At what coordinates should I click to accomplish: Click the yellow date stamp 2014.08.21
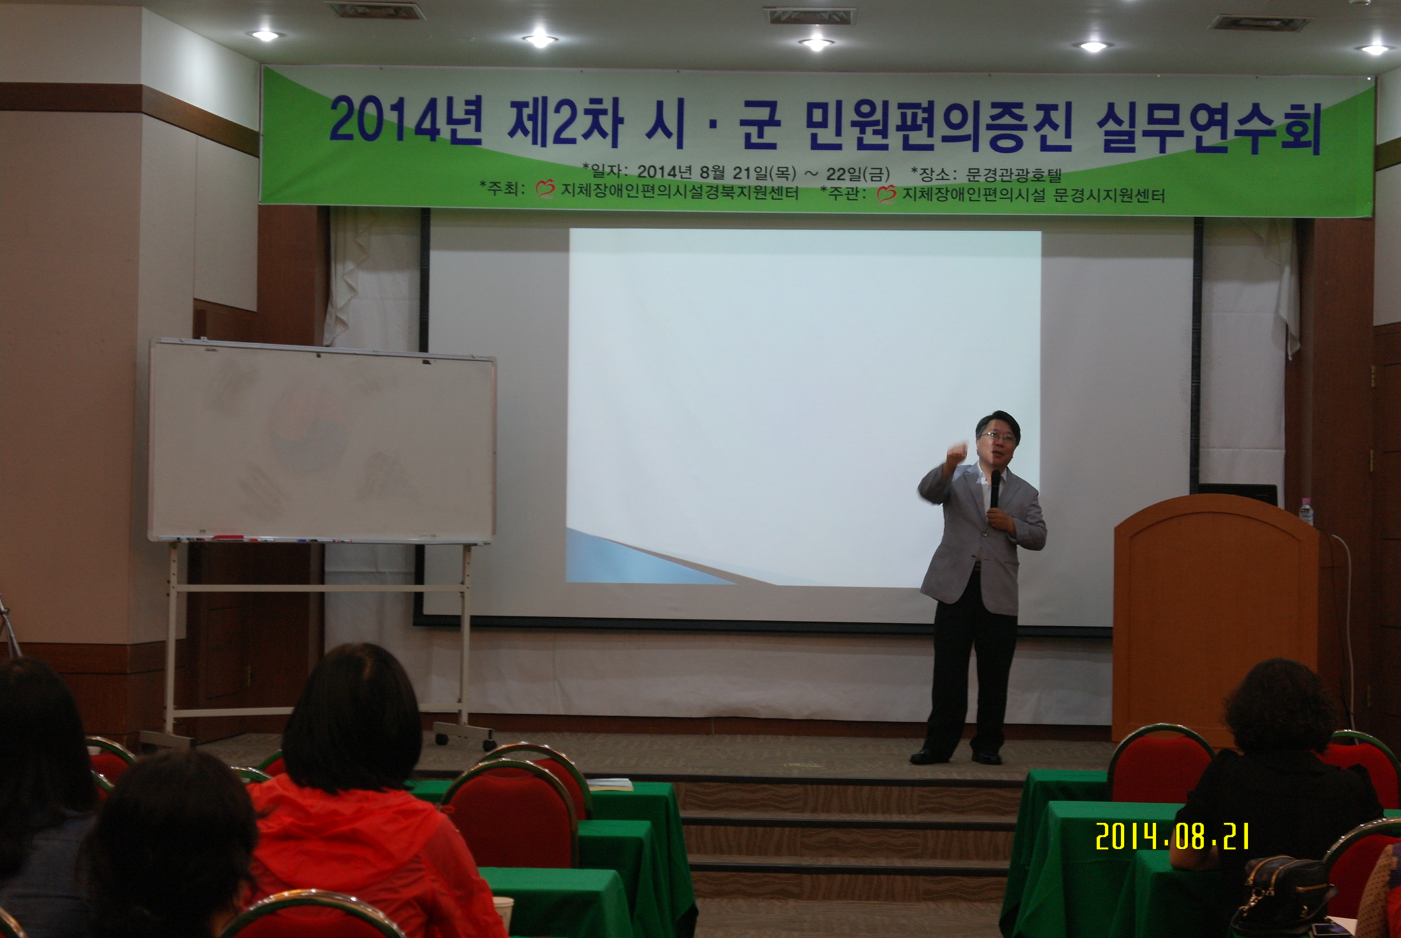pos(1173,836)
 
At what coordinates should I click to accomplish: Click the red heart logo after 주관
pos(887,194)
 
